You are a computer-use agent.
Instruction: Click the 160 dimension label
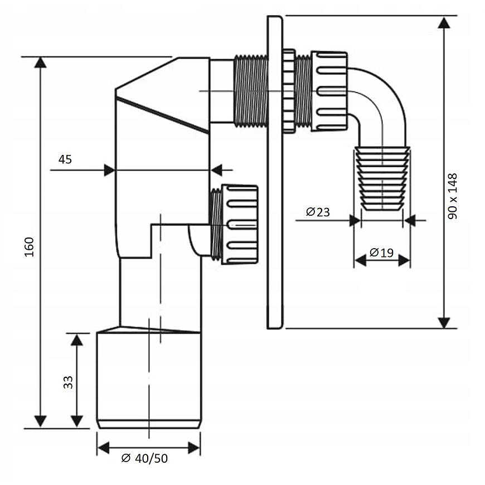coord(29,246)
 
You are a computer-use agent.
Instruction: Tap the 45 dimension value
coord(65,159)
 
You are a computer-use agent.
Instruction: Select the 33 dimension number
coord(68,382)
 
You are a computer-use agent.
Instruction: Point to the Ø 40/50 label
coord(144,458)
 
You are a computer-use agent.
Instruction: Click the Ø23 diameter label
coord(318,212)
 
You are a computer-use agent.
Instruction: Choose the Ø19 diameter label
coord(382,253)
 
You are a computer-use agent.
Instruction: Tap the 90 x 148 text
coord(452,196)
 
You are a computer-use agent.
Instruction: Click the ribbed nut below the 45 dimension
coord(240,224)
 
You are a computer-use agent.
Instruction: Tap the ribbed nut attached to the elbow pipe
coord(329,91)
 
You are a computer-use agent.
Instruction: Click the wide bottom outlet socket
coord(148,379)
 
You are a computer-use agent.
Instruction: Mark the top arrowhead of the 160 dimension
coord(40,62)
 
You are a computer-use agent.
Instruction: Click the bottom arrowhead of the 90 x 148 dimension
coord(444,323)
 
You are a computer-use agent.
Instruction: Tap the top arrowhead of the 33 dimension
coord(77,339)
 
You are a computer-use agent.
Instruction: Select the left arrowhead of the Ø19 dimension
coord(360,260)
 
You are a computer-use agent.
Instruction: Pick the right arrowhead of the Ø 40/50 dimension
coord(195,447)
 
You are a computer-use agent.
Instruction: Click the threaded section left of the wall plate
coord(250,90)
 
